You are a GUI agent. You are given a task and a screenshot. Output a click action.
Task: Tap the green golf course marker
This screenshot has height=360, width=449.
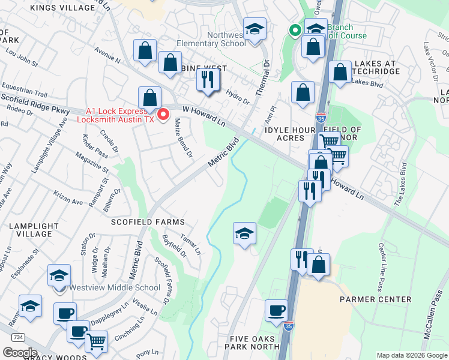click(x=295, y=30)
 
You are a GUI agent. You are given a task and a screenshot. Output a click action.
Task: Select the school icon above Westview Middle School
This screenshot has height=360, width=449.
click(x=59, y=275)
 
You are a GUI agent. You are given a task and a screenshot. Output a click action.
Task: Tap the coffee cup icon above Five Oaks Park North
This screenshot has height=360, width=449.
click(x=276, y=310)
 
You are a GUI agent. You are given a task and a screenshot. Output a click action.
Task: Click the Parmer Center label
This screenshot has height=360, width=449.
click(x=375, y=299)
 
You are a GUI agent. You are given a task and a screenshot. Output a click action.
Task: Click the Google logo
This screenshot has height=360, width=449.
click(x=19, y=353)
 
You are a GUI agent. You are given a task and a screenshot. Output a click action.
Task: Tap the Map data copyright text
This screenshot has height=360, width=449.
click(x=412, y=355)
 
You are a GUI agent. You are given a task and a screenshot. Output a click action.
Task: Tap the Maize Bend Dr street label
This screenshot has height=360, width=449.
click(x=182, y=137)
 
